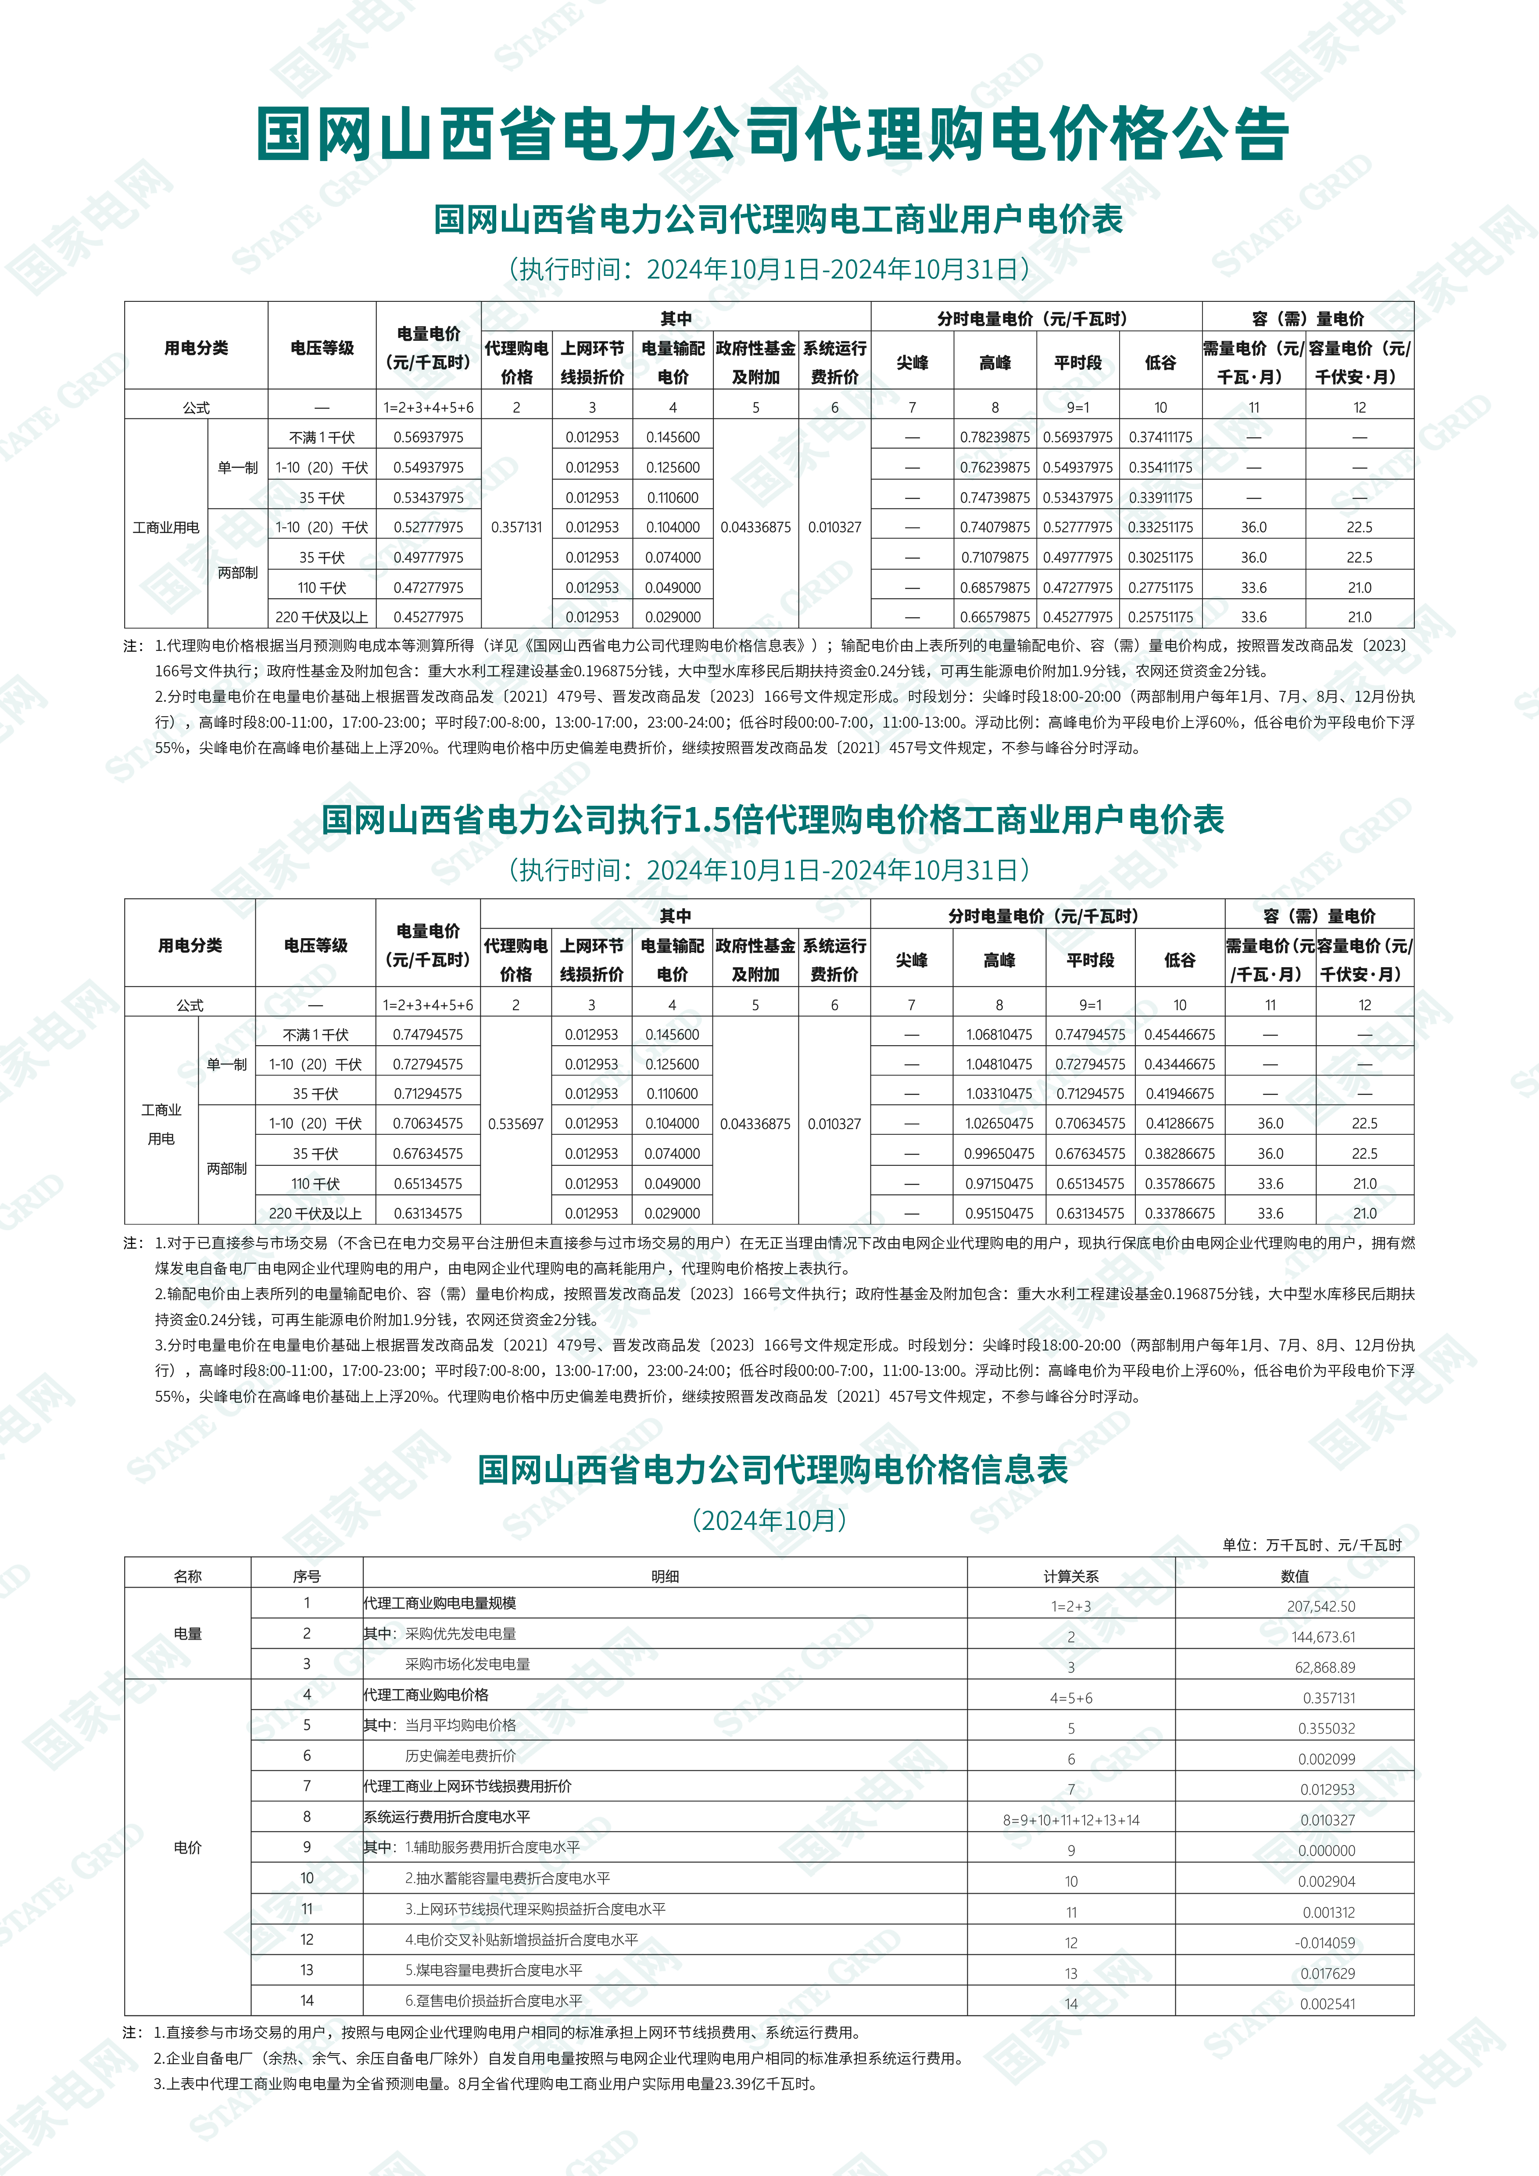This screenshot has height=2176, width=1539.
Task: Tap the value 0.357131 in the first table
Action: tap(516, 527)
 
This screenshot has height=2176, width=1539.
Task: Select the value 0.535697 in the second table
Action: tap(515, 1124)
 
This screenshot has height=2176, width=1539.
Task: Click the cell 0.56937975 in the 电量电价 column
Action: tap(428, 437)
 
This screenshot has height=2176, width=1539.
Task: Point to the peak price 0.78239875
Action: tap(994, 437)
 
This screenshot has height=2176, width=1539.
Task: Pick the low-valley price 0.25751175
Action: tap(1160, 617)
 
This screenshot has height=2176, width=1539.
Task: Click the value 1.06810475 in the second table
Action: tap(999, 1035)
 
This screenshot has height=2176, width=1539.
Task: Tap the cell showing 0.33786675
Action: tap(1179, 1213)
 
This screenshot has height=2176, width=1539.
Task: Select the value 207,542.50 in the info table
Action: tap(1321, 1606)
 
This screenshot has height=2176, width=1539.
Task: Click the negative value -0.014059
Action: tap(1325, 1943)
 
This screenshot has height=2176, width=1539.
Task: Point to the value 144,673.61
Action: tap(1323, 1637)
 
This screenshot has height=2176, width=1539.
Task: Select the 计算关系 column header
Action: tap(1071, 1576)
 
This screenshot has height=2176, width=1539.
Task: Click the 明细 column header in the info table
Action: tap(664, 1576)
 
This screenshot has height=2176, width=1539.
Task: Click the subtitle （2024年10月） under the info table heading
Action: tap(769, 1520)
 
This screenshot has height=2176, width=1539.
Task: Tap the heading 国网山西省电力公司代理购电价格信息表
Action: tap(772, 1470)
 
